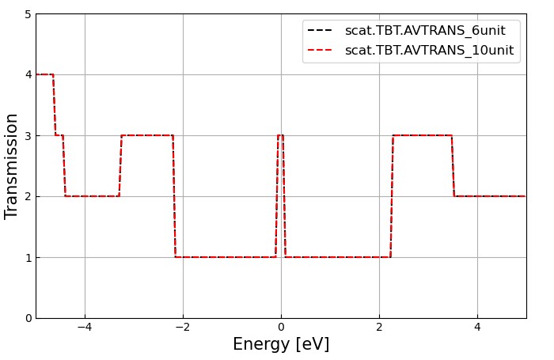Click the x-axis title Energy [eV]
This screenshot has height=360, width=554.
[281, 345]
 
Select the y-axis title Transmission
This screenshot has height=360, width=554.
[12, 166]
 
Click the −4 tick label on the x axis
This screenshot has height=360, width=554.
[85, 328]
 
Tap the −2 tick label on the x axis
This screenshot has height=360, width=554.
[183, 328]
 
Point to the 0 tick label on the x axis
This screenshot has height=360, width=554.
[281, 328]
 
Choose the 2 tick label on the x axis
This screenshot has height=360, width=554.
[379, 328]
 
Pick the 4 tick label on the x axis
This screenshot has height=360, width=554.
[477, 328]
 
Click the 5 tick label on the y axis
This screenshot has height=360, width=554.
[28, 14]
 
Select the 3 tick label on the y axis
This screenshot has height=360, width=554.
[28, 135]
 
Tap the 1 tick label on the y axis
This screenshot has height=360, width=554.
[28, 257]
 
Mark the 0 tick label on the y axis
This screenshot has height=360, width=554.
[28, 318]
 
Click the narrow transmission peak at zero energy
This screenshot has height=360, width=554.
[280, 135]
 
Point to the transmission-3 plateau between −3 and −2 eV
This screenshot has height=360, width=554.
[147, 135]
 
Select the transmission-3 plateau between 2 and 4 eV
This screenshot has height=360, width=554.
[422, 135]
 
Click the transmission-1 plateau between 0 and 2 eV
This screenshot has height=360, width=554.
[337, 257]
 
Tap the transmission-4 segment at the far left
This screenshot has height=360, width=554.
[44, 74]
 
